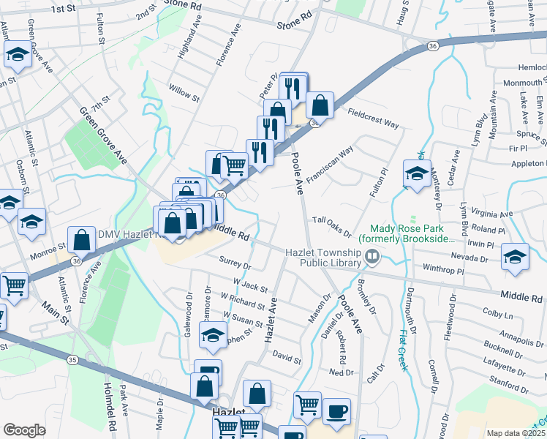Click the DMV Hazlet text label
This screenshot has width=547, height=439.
click(x=129, y=234)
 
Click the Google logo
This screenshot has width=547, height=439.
click(x=24, y=430)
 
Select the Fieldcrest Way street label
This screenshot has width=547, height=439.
click(x=373, y=119)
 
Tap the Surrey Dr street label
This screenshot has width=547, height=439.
click(x=235, y=262)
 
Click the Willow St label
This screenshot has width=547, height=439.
click(x=184, y=93)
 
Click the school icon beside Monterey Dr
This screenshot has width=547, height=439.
click(x=417, y=175)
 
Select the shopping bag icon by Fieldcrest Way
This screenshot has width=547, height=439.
click(x=320, y=105)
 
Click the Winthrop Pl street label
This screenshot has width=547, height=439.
click(x=444, y=270)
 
